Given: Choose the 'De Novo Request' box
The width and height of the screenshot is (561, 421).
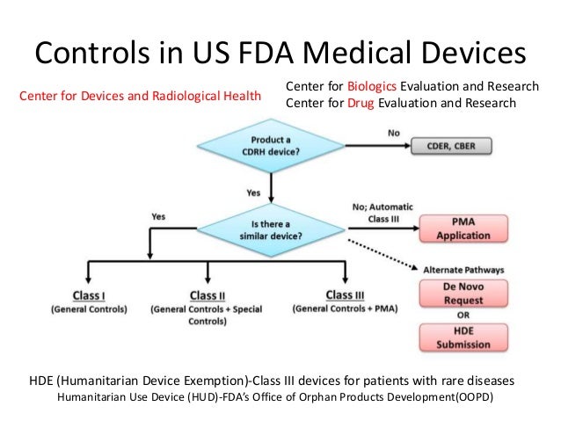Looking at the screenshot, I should (463, 294).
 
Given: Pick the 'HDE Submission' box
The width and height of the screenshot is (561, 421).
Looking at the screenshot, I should (463, 338).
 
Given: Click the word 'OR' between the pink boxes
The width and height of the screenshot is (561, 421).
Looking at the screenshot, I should (463, 316).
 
